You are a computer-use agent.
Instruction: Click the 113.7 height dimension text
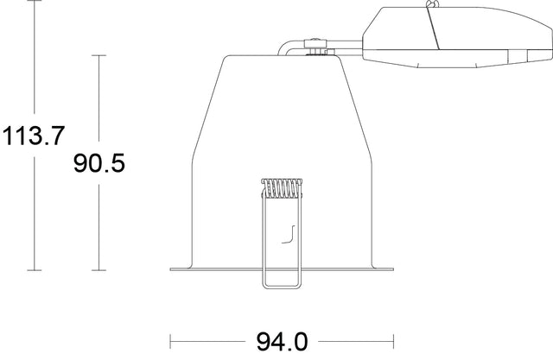tap(32, 136)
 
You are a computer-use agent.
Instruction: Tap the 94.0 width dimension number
tap(282, 342)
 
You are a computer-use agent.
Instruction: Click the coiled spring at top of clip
tap(282, 186)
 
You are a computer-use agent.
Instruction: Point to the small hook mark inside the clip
tap(290, 233)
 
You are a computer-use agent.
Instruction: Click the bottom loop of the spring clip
tap(282, 286)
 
